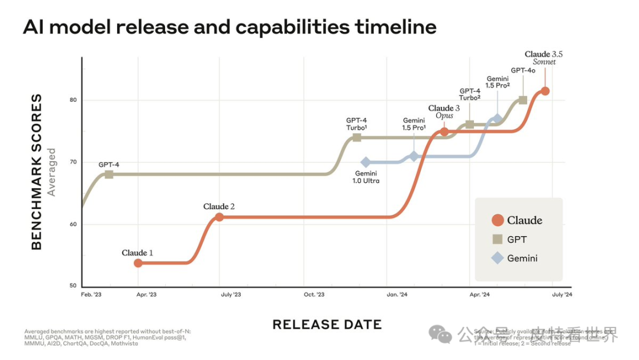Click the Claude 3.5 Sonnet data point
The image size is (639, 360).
click(x=545, y=91)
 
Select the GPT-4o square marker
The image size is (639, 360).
click(x=523, y=100)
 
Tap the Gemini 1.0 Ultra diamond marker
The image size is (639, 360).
click(x=366, y=162)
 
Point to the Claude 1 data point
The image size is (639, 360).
click(x=138, y=263)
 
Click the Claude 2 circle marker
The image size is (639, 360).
click(x=220, y=217)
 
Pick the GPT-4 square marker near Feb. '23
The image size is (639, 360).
click(x=109, y=174)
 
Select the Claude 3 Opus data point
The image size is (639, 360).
click(x=444, y=132)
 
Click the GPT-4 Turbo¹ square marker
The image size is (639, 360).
click(x=357, y=137)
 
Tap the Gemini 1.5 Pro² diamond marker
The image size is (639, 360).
click(x=498, y=119)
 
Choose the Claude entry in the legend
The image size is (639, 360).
click(x=517, y=220)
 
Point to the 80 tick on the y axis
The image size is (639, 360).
click(x=73, y=99)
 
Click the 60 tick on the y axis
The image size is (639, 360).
click(x=73, y=224)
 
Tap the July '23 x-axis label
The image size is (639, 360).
click(x=230, y=294)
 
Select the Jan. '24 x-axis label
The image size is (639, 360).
click(x=396, y=294)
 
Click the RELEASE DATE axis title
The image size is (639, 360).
click(x=327, y=324)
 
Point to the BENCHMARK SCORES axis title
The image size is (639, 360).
click(x=37, y=172)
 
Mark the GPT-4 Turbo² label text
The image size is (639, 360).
click(x=470, y=94)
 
